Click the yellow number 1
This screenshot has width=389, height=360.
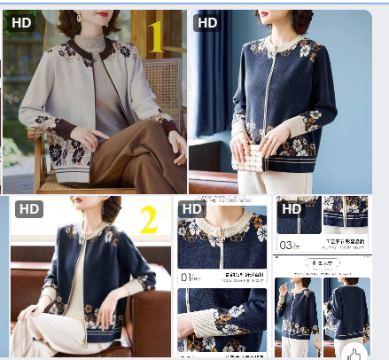tap(156, 37)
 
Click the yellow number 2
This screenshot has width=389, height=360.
tap(148, 219)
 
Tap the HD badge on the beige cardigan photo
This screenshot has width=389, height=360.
tap(21, 21)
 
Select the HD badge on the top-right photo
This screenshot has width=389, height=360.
tap(207, 22)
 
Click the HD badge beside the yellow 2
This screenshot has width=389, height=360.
tap(28, 209)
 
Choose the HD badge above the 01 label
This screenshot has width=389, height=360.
tap(191, 208)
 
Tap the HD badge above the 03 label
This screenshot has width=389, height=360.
tap(292, 208)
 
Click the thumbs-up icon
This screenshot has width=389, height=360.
tap(354, 351)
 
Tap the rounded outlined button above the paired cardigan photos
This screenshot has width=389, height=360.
tap(322, 263)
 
